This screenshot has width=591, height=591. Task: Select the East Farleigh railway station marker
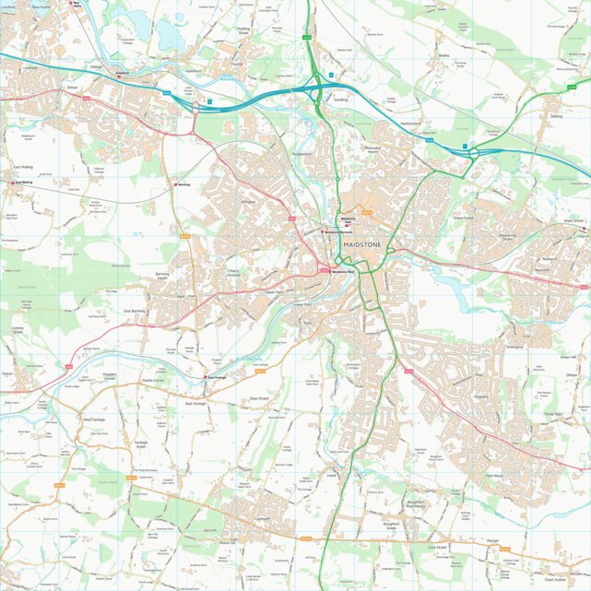point(205,377)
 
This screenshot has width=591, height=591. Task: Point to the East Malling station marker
point(15,183)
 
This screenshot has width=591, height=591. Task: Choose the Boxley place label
point(443,55)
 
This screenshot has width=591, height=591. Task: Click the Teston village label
point(7,373)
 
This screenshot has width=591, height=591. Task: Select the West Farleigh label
point(95,420)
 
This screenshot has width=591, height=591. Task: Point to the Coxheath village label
point(262,519)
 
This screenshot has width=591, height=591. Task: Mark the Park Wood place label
point(493,476)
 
